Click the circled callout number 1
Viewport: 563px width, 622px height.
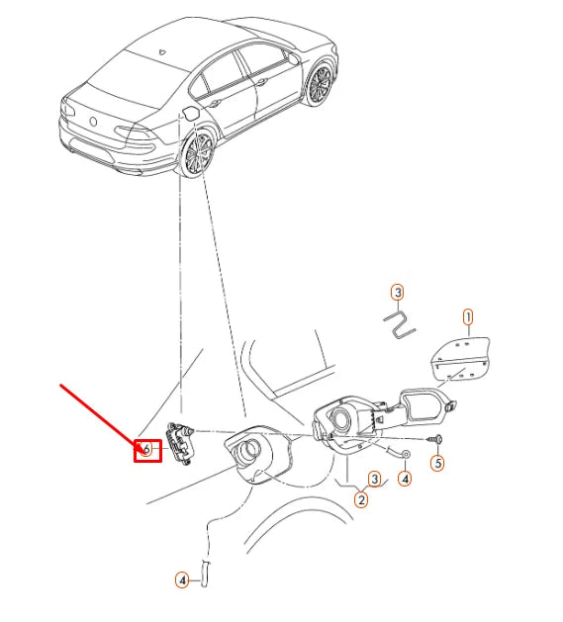468,317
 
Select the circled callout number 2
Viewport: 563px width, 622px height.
361,500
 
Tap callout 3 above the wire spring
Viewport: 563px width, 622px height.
397,292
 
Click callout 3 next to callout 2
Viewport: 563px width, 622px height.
374,480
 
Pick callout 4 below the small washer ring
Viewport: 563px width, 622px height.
405,480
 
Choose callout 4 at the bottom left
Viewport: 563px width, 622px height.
182,580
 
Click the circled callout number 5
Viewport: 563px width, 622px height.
438,463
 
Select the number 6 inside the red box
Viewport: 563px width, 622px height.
147,450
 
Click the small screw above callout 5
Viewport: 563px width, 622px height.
435,437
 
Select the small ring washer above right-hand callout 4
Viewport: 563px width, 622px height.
406,454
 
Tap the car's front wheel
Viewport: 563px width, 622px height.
320,83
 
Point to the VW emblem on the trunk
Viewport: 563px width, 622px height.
96,122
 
